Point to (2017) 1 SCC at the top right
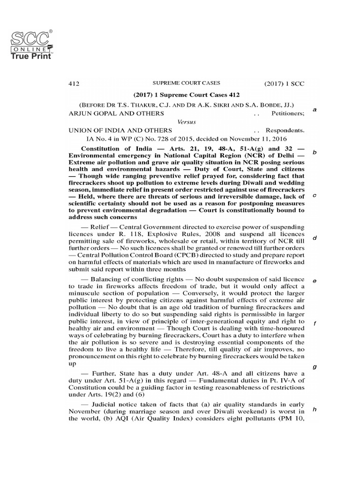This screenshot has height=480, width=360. coord(284,84)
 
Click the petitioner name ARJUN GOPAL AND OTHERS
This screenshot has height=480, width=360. coord(116,113)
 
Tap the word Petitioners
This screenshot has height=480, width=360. coord(288,113)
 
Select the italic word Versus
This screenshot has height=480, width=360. coord(187,122)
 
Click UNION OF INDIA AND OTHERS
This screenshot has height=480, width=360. coord(120,130)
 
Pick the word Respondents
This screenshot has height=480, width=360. coord(285,130)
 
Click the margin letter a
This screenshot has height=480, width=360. coord(315,110)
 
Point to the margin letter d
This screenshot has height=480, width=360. coord(315,238)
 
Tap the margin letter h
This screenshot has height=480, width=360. coord(315,409)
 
